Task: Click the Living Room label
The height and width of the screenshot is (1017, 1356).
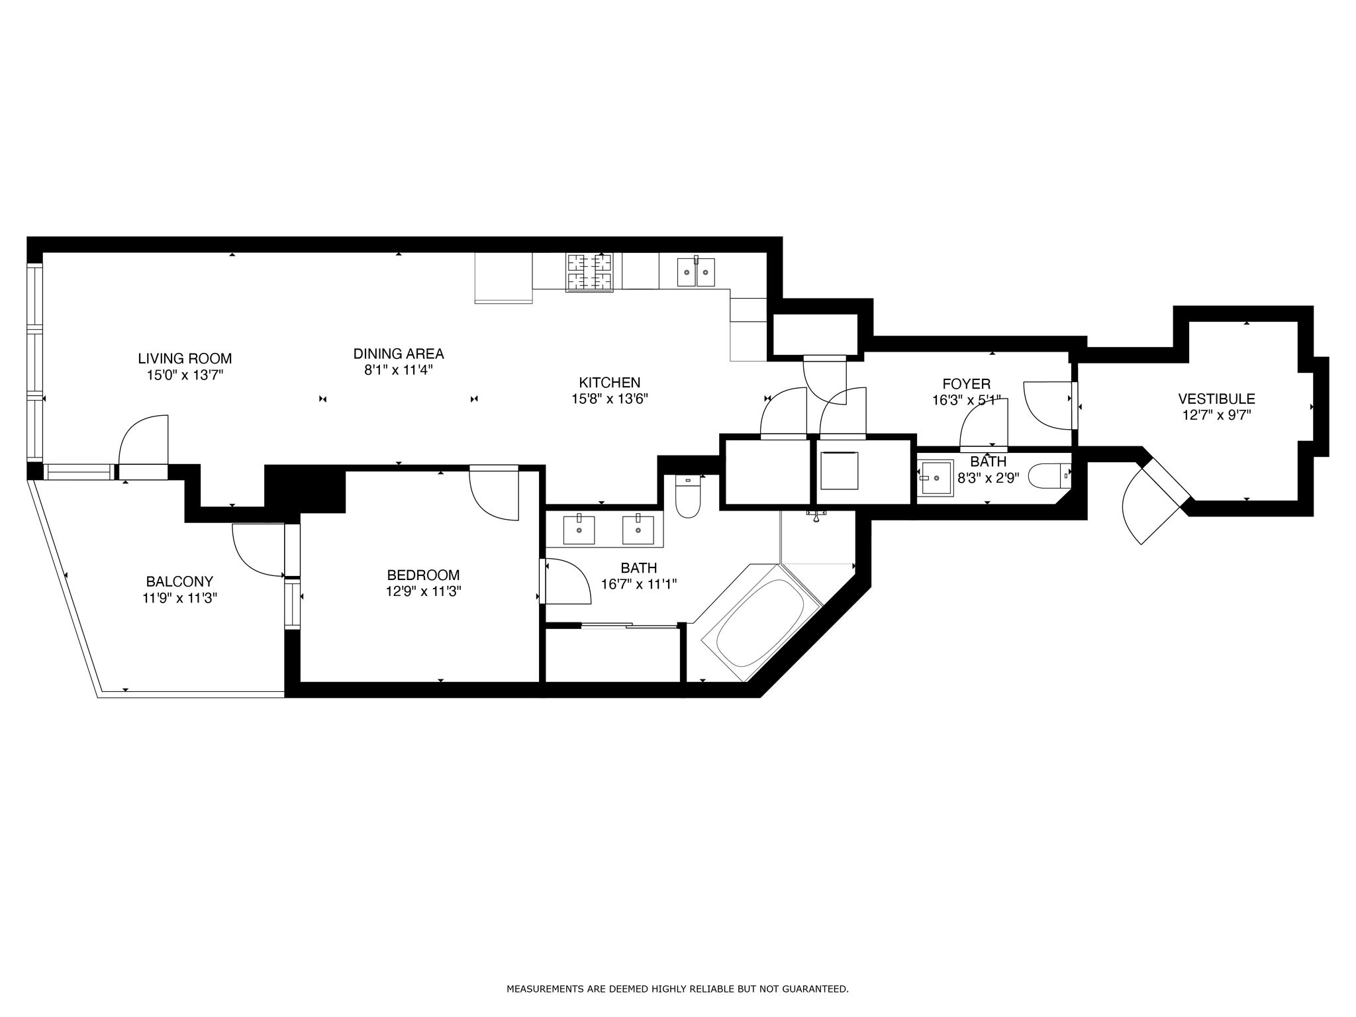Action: click(185, 359)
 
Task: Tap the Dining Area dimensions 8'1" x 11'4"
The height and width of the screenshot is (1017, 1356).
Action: click(398, 370)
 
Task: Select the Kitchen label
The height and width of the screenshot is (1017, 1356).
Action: click(609, 383)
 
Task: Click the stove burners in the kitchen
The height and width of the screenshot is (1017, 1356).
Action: click(589, 272)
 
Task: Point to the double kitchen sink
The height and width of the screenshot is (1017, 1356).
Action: click(696, 272)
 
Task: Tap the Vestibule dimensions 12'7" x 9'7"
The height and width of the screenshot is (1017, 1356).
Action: click(1216, 415)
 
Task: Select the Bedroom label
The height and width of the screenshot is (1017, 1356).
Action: click(423, 575)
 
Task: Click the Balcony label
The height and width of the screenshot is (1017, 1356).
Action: click(179, 582)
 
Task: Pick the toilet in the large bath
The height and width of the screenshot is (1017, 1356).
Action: click(688, 496)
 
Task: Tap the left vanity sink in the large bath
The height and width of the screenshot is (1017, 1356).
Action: click(579, 529)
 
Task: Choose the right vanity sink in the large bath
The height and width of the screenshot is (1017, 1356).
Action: click(638, 529)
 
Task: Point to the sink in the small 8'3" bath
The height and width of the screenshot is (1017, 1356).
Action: click(936, 477)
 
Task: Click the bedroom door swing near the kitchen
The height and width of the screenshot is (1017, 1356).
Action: click(493, 493)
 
